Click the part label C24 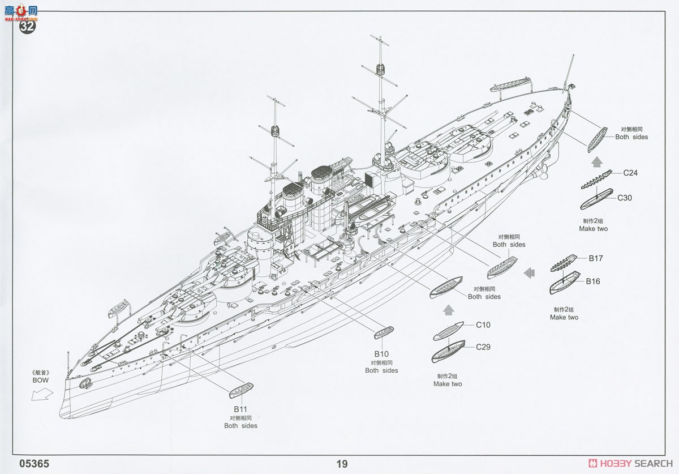tap(630, 173)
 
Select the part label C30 tap(625, 198)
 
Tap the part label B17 tap(596, 258)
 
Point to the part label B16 tap(593, 281)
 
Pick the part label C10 tap(483, 325)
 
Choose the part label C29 tap(483, 347)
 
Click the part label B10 tap(381, 354)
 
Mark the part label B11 tap(240, 409)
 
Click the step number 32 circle tap(27, 27)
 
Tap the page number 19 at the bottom tap(342, 464)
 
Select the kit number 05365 tap(34, 464)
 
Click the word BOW tap(41, 380)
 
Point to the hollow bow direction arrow tap(42, 395)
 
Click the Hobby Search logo tap(630, 463)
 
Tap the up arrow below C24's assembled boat tap(596, 162)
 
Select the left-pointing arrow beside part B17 tap(529, 273)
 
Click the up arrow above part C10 tap(448, 310)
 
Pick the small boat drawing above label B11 tap(241, 390)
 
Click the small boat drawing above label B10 tap(384, 332)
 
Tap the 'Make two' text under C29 tap(448, 384)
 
